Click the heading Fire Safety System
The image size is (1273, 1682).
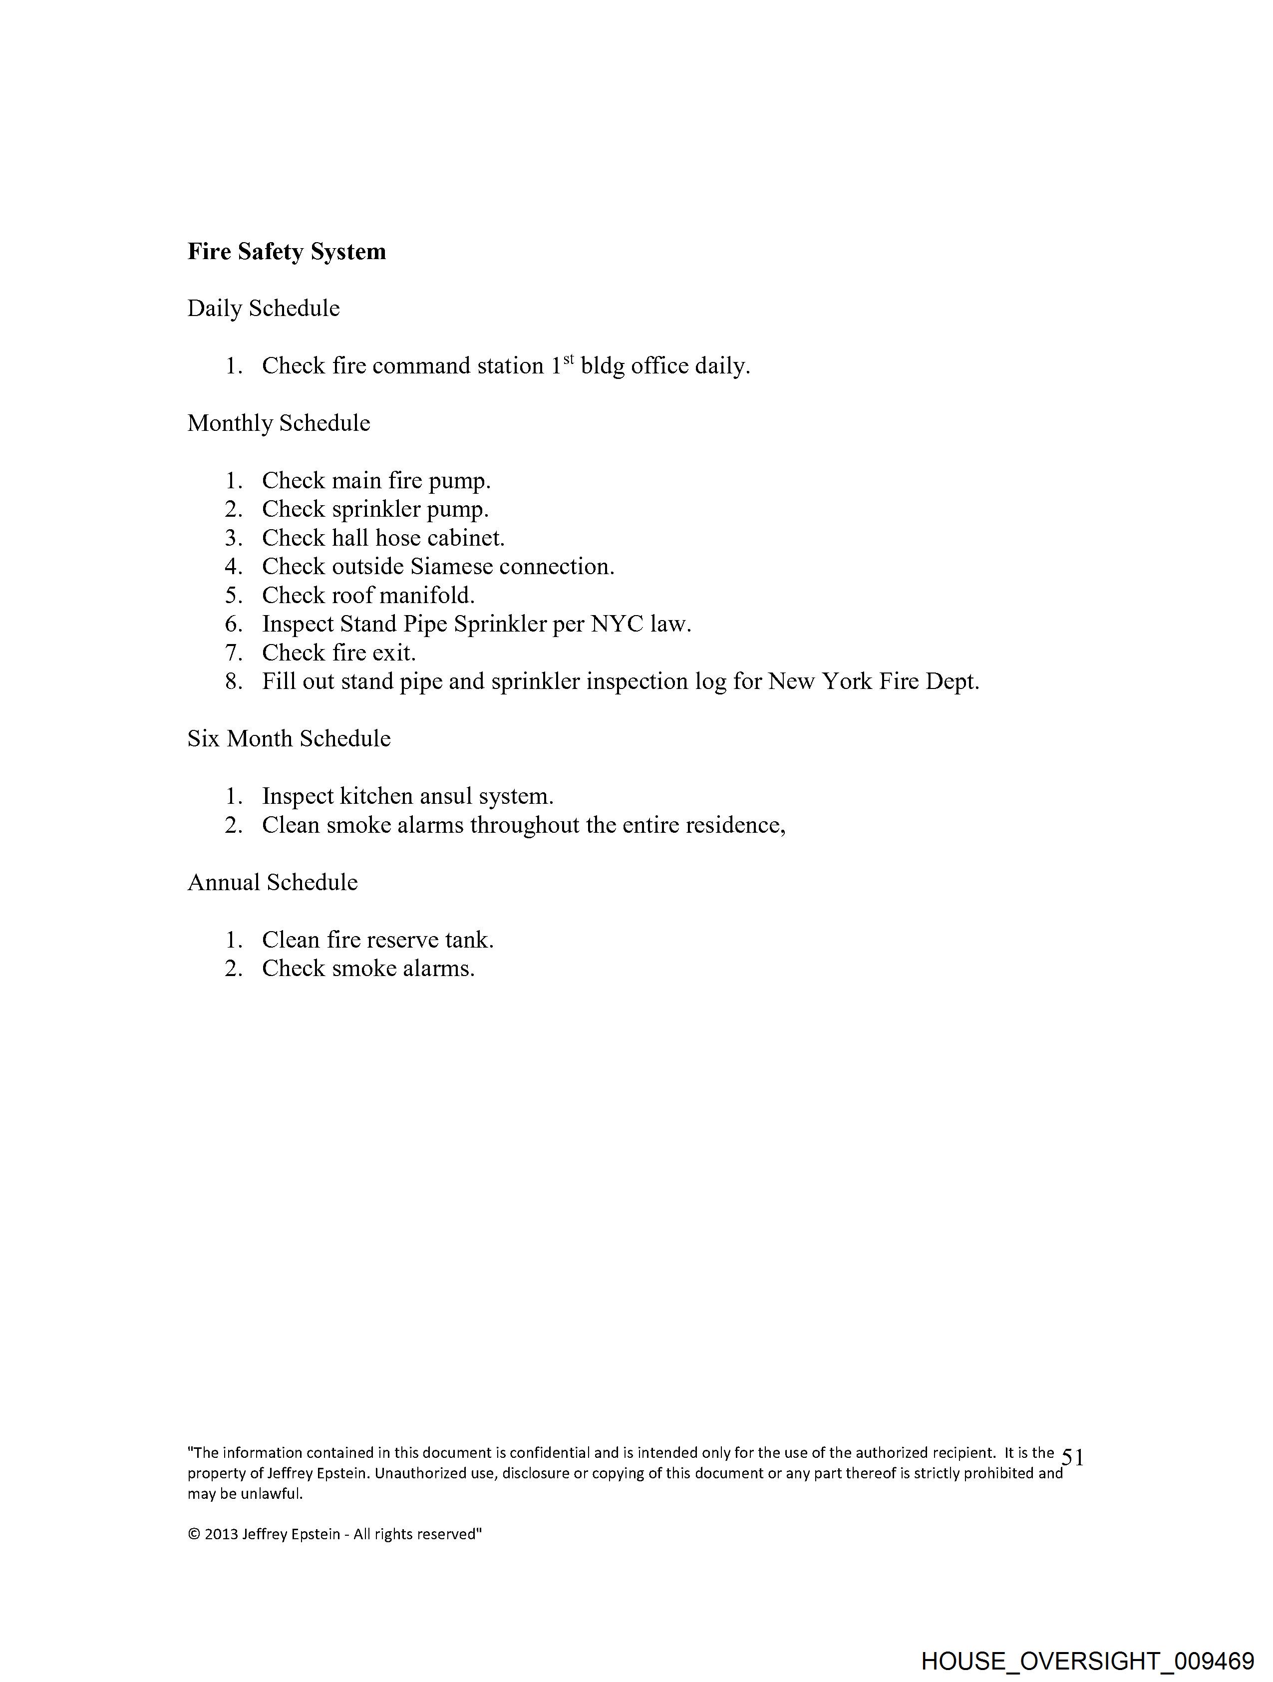pyautogui.click(x=287, y=252)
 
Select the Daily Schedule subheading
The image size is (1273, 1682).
pyautogui.click(x=263, y=309)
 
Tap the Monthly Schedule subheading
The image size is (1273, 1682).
pyautogui.click(x=279, y=423)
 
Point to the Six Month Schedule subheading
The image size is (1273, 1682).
pyautogui.click(x=289, y=739)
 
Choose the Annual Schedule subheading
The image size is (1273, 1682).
pyautogui.click(x=272, y=883)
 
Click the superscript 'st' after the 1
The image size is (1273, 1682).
pyautogui.click(x=568, y=358)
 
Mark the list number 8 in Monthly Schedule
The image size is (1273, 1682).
pyautogui.click(x=233, y=682)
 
